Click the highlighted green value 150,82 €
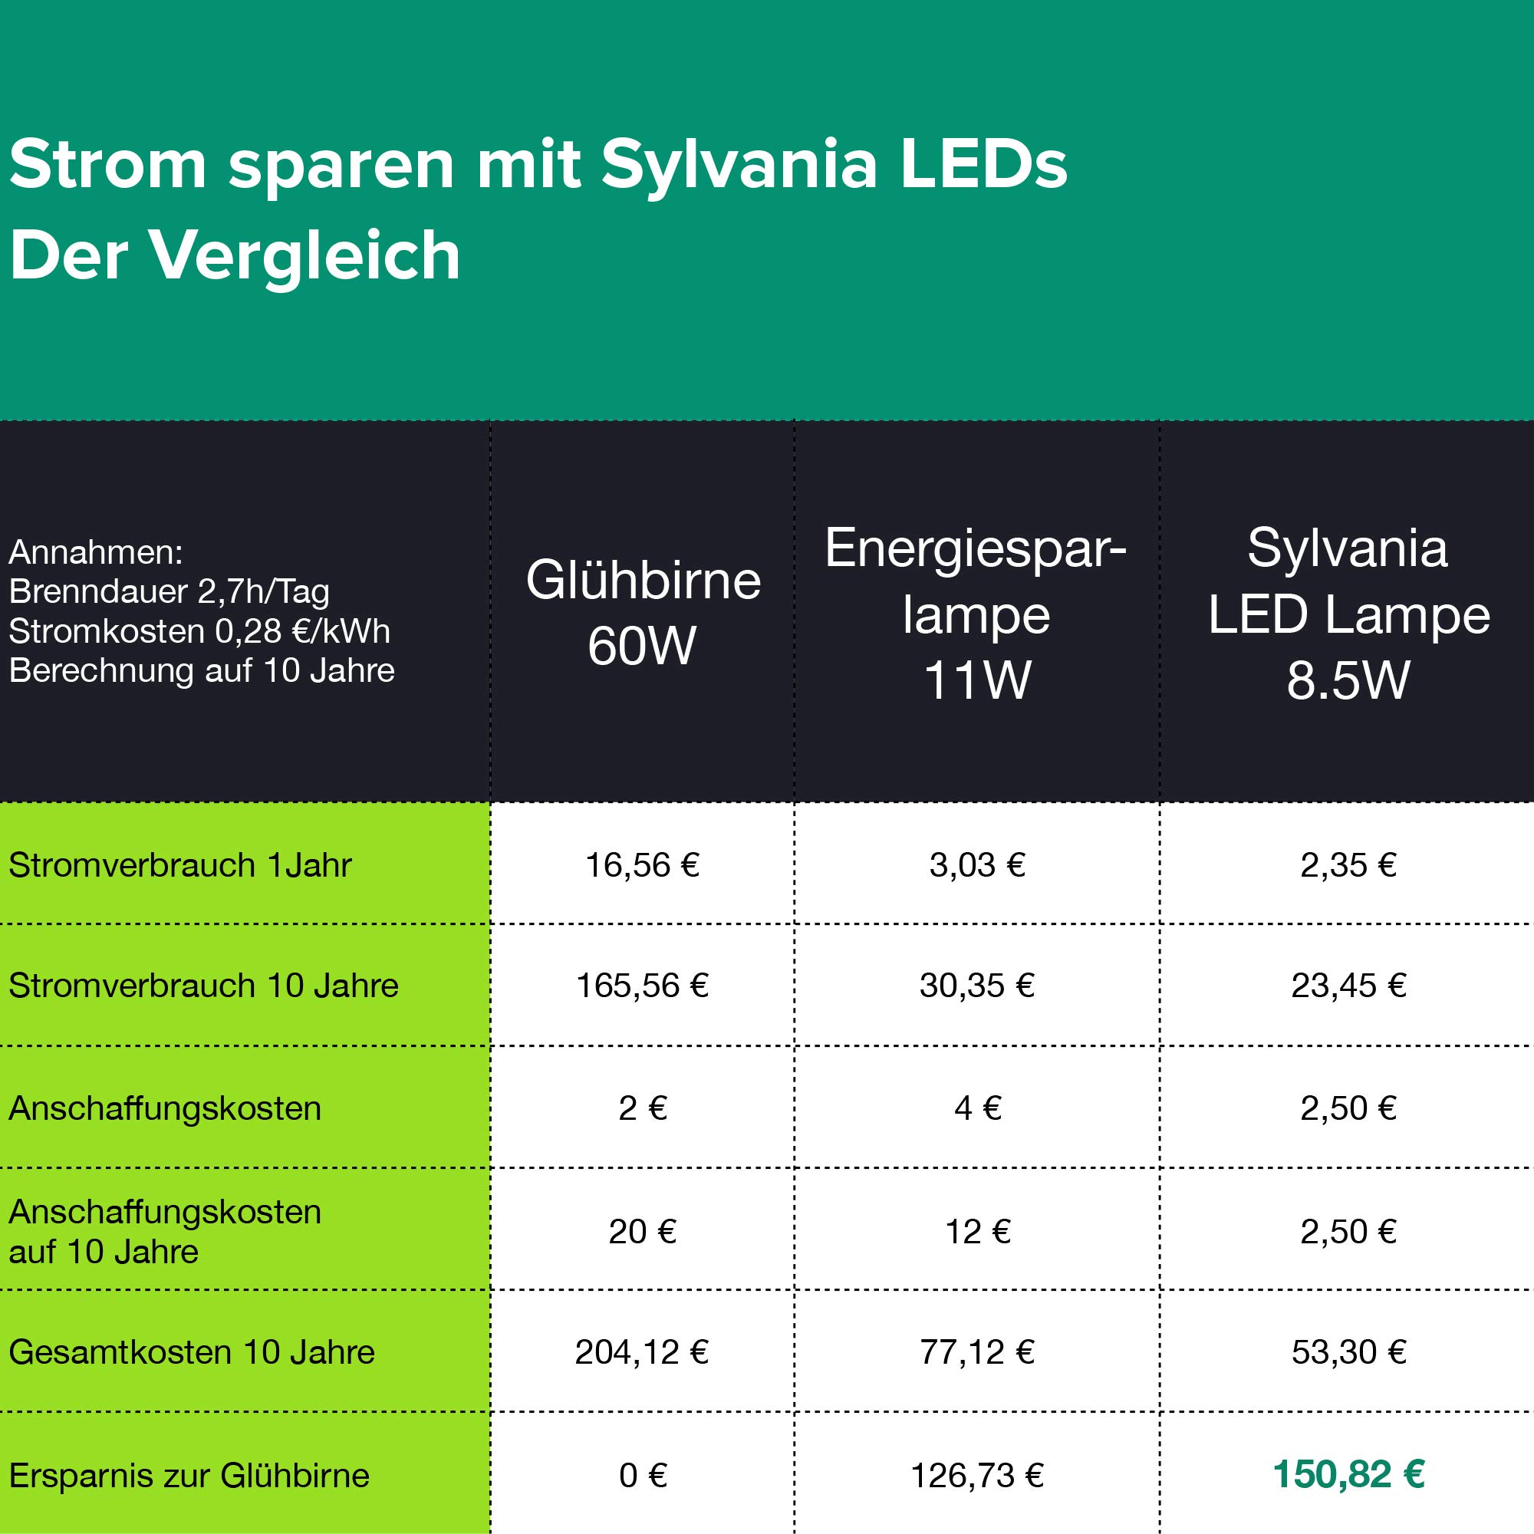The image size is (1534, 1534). click(x=1348, y=1474)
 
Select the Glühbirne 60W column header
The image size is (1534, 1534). click(x=642, y=612)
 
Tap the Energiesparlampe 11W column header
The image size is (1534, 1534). click(x=976, y=613)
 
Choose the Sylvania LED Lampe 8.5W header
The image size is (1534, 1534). click(x=1348, y=613)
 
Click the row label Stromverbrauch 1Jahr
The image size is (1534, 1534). click(x=179, y=864)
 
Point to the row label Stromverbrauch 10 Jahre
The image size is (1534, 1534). click(x=203, y=986)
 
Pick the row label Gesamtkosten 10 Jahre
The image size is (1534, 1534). click(x=191, y=1351)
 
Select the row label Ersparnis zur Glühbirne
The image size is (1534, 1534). click(x=189, y=1475)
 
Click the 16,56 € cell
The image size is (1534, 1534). click(x=641, y=864)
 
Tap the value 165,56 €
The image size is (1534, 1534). click(x=641, y=986)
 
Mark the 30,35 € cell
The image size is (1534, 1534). click(x=976, y=986)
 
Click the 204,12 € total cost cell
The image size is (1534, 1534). click(x=641, y=1351)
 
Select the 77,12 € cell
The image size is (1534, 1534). click(x=976, y=1351)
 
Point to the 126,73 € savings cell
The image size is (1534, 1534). click(x=976, y=1475)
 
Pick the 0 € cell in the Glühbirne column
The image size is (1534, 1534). click(x=642, y=1475)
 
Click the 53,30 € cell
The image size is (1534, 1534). click(x=1348, y=1351)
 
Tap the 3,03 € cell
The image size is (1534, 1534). click(x=976, y=864)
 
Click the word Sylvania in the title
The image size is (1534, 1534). click(x=739, y=165)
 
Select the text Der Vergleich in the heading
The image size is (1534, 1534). click(x=235, y=255)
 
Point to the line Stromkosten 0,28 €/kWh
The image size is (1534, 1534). click(x=199, y=631)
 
